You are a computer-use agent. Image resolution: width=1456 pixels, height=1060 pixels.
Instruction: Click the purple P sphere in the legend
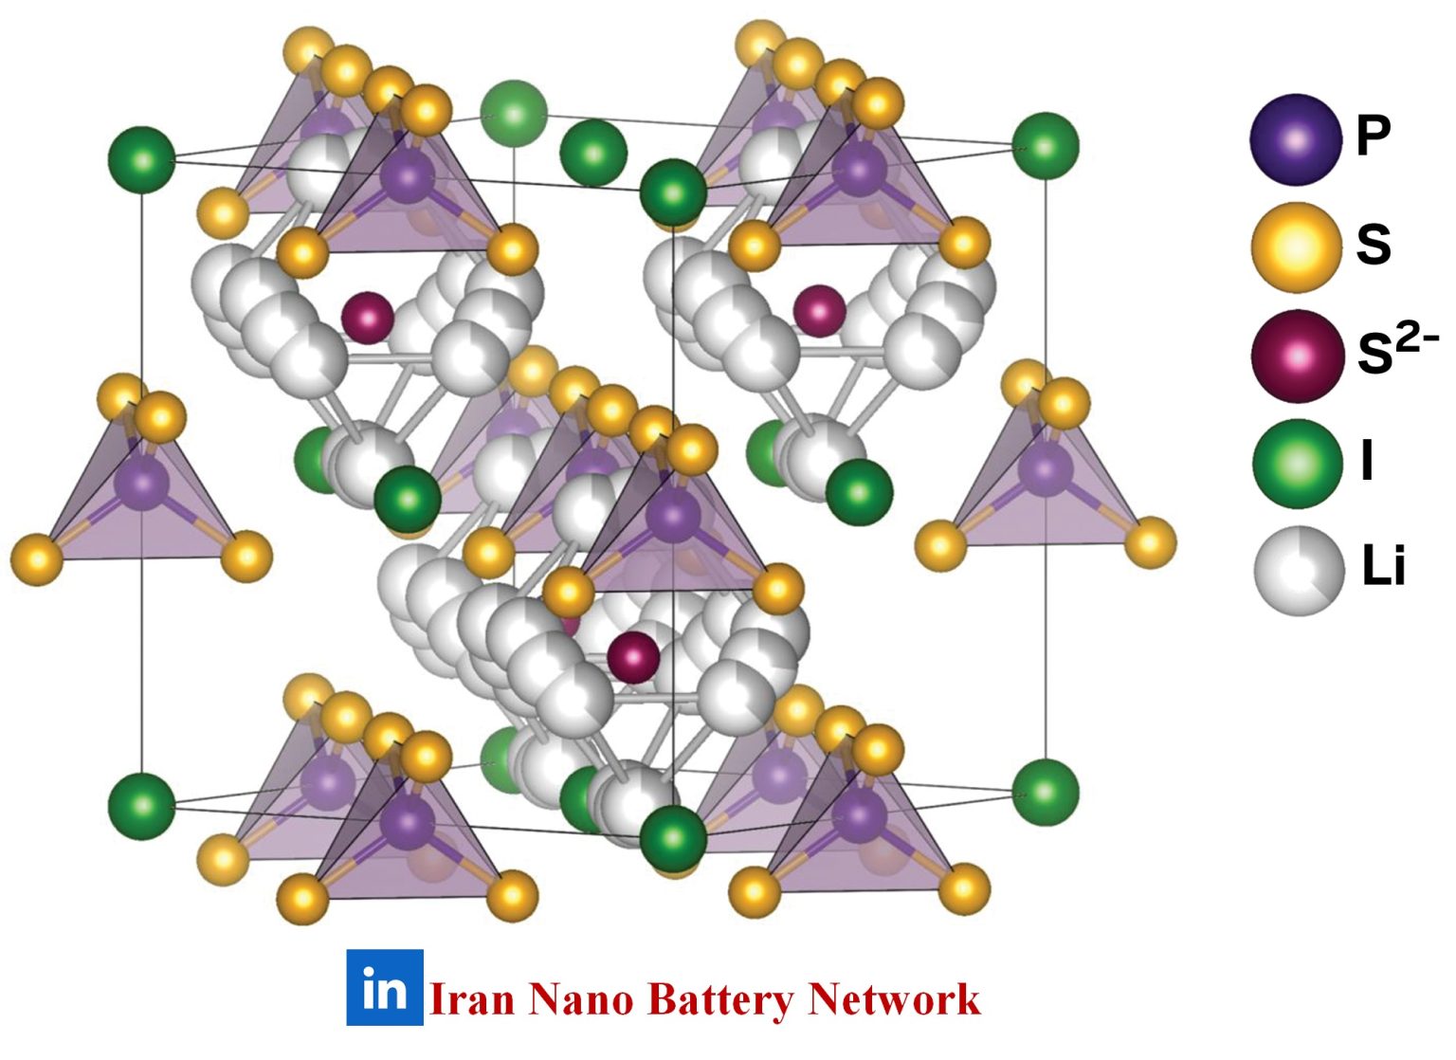(1295, 139)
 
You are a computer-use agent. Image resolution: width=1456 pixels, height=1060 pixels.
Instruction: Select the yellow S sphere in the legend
(1295, 247)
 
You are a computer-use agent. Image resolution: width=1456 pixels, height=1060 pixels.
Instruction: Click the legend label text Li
(1382, 567)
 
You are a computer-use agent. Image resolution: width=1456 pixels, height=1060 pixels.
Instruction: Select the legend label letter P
(1373, 136)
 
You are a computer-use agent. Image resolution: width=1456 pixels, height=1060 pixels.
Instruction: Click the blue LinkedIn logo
(385, 988)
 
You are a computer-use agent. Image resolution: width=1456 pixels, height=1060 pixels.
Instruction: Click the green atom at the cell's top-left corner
(142, 159)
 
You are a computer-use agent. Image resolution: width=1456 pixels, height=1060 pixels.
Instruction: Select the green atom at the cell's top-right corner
(1046, 146)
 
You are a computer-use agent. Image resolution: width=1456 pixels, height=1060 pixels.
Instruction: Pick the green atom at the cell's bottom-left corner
(142, 806)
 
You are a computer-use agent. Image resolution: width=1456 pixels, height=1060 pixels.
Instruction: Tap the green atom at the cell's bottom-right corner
(1046, 793)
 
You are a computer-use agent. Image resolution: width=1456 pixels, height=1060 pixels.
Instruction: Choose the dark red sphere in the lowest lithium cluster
(633, 657)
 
